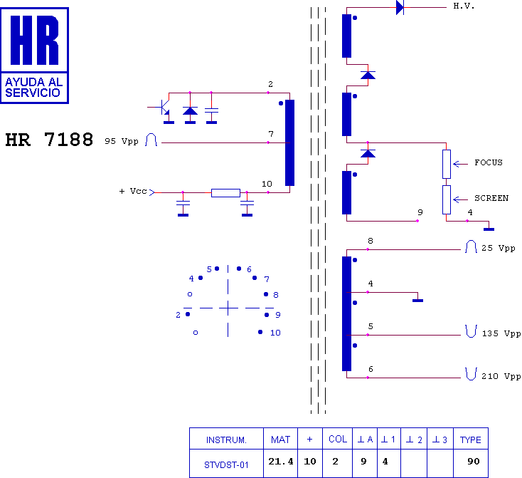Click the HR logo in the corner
tap(35, 54)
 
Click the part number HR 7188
tap(49, 140)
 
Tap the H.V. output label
tap(464, 6)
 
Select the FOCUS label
tap(489, 162)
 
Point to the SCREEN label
tap(491, 198)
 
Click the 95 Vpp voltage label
tap(122, 141)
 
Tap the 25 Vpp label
tap(498, 249)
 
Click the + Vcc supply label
tap(133, 192)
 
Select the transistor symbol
tap(162, 108)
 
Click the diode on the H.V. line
tap(400, 7)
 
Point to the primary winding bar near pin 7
tap(289, 142)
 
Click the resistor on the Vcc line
tap(225, 192)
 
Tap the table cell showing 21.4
tap(280, 462)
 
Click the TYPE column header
tap(470, 440)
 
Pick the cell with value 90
tap(473, 462)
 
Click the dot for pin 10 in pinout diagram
tap(261, 332)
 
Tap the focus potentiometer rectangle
tap(447, 164)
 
